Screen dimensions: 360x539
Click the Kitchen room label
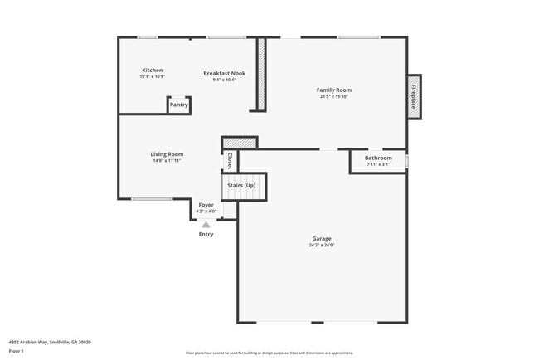(152, 71)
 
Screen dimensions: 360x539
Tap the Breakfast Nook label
(224, 74)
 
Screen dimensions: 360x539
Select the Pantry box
(179, 105)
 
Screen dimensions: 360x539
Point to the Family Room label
(334, 90)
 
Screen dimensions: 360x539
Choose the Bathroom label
(378, 158)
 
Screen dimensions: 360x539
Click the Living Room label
(167, 154)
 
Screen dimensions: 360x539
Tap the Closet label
(230, 161)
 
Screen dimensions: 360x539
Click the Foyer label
(206, 205)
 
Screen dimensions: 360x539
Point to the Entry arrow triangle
(206, 224)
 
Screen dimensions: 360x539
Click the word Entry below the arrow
(206, 234)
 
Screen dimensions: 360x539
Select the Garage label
(322, 239)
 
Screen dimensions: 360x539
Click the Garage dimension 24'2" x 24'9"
(322, 246)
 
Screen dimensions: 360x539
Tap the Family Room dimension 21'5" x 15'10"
(334, 96)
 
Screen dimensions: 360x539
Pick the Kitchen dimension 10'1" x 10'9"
(152, 77)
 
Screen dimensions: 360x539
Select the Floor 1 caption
(17, 352)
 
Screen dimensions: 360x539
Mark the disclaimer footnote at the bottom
(269, 353)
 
